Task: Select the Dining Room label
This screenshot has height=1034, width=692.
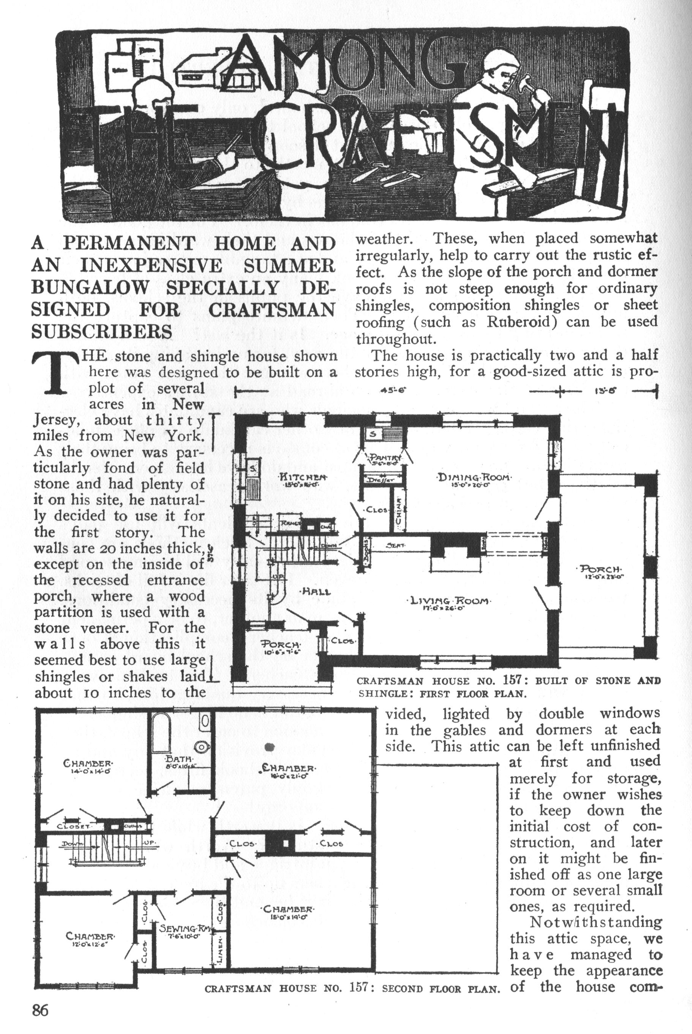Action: click(474, 478)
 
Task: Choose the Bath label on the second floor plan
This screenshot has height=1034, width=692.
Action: click(177, 759)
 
